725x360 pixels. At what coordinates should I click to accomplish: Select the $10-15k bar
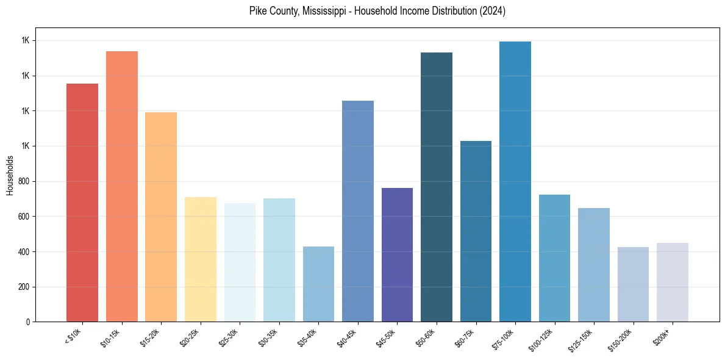coord(122,186)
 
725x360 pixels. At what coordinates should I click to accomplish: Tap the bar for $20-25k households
coord(201,259)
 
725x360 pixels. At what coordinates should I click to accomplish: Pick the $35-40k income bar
coord(318,284)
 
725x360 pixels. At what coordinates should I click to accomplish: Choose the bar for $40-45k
coord(358,211)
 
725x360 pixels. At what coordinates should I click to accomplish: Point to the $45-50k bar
coord(397,254)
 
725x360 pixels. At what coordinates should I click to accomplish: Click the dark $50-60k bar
coord(437,187)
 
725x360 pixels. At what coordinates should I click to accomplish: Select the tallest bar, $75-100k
coord(515,181)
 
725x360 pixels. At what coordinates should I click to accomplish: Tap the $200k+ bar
coord(673,282)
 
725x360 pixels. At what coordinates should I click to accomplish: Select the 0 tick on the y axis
coord(29,322)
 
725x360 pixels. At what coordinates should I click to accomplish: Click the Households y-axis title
coord(10,175)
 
